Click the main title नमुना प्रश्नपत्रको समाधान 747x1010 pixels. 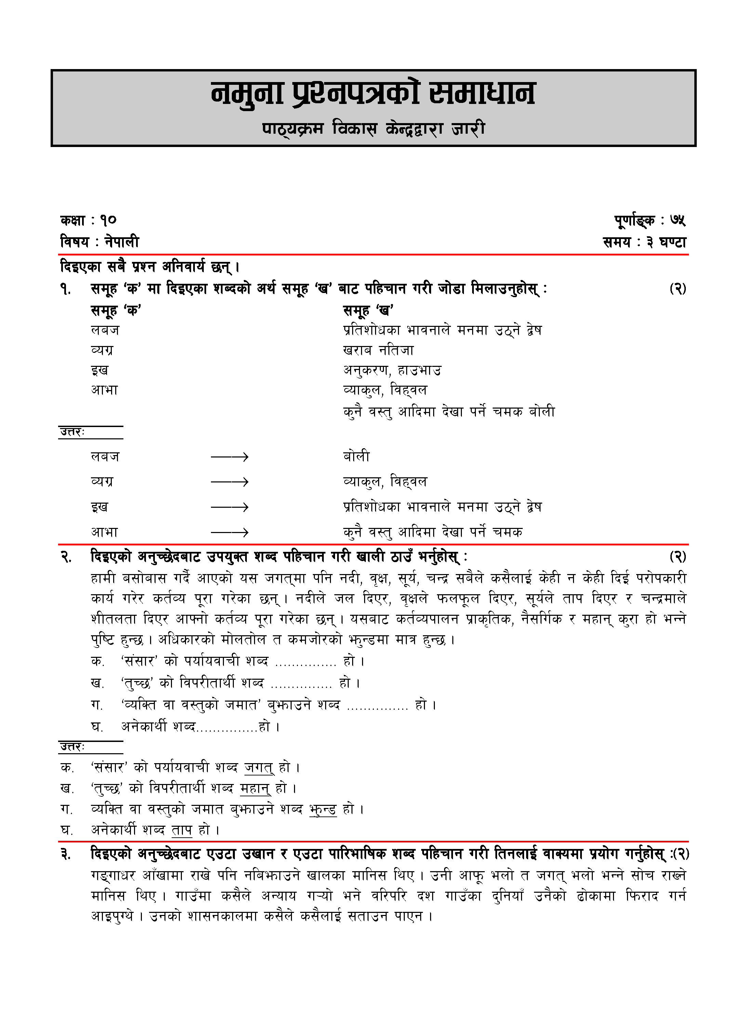[x=373, y=94]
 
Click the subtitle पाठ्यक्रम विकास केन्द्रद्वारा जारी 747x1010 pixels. [x=373, y=129]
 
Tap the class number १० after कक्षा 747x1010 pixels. [x=108, y=221]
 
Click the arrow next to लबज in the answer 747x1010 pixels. [x=230, y=457]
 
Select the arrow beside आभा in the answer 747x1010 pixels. [x=230, y=533]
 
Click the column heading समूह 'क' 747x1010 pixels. [x=116, y=310]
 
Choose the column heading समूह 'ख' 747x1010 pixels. [x=368, y=310]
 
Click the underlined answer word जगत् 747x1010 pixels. [x=259, y=767]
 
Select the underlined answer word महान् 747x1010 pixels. [x=255, y=788]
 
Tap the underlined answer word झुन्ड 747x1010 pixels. [x=323, y=809]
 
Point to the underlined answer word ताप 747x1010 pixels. [x=182, y=830]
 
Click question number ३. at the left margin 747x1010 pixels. [x=66, y=854]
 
